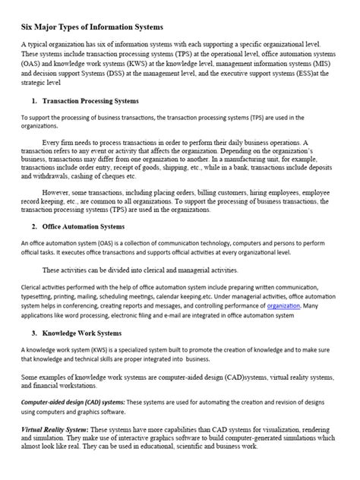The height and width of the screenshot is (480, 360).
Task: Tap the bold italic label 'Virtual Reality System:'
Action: point(58,429)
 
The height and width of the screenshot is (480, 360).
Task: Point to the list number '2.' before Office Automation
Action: point(35,226)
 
